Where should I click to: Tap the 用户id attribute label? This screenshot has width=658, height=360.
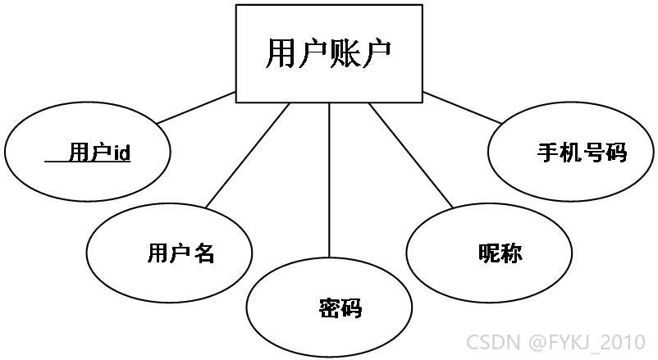(100, 152)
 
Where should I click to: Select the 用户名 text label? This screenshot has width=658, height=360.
(181, 253)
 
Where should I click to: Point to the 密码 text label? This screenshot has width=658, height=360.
(340, 308)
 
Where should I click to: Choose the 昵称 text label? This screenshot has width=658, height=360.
(500, 253)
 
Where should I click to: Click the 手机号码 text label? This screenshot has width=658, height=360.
(582, 153)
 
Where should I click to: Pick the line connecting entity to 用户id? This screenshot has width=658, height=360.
(196, 107)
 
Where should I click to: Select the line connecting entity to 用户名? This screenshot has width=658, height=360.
(248, 155)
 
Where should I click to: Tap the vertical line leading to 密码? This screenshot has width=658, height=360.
(329, 180)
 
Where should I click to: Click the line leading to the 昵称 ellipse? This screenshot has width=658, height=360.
(411, 155)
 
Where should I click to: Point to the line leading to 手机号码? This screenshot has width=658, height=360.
(462, 107)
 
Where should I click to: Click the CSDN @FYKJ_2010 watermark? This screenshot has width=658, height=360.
(556, 341)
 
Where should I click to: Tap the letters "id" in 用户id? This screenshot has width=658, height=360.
(122, 153)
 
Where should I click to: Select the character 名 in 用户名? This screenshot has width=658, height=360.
(204, 253)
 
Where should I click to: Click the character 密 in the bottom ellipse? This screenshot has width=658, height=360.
(330, 308)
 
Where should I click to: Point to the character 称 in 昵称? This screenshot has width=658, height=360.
(511, 253)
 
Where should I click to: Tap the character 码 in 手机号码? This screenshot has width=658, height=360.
(616, 153)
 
